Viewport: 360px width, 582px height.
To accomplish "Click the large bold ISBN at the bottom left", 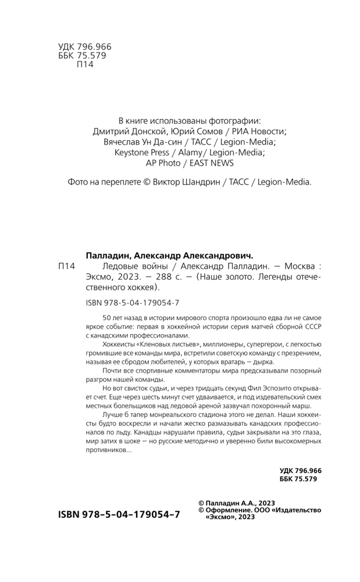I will [119, 515].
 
